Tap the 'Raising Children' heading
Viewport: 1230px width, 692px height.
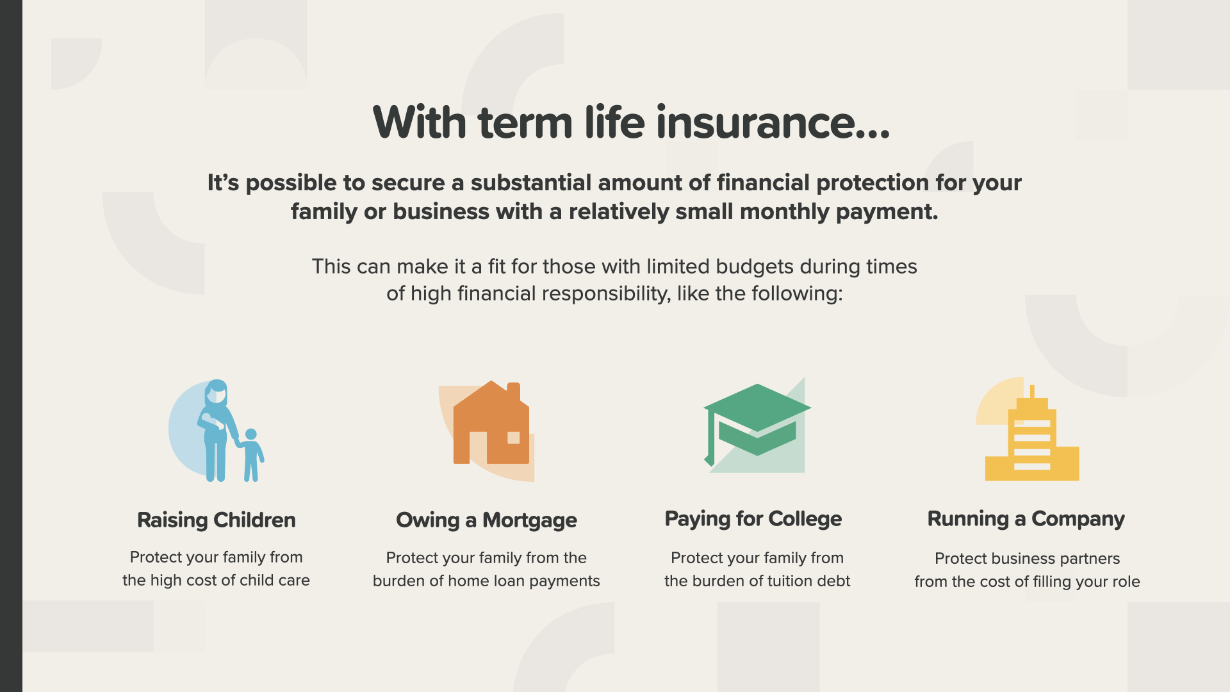217,520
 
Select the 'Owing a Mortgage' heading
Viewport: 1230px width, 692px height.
486,520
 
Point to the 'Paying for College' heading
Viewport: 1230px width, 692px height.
753,518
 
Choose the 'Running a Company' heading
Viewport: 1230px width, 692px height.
1026,518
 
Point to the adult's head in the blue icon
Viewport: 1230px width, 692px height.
217,392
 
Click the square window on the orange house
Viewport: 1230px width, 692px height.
514,438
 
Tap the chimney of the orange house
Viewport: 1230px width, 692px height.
514,391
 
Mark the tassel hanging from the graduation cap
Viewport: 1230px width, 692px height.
709,439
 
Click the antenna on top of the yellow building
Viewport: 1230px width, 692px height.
1032,391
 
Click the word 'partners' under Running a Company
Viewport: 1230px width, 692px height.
1090,558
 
